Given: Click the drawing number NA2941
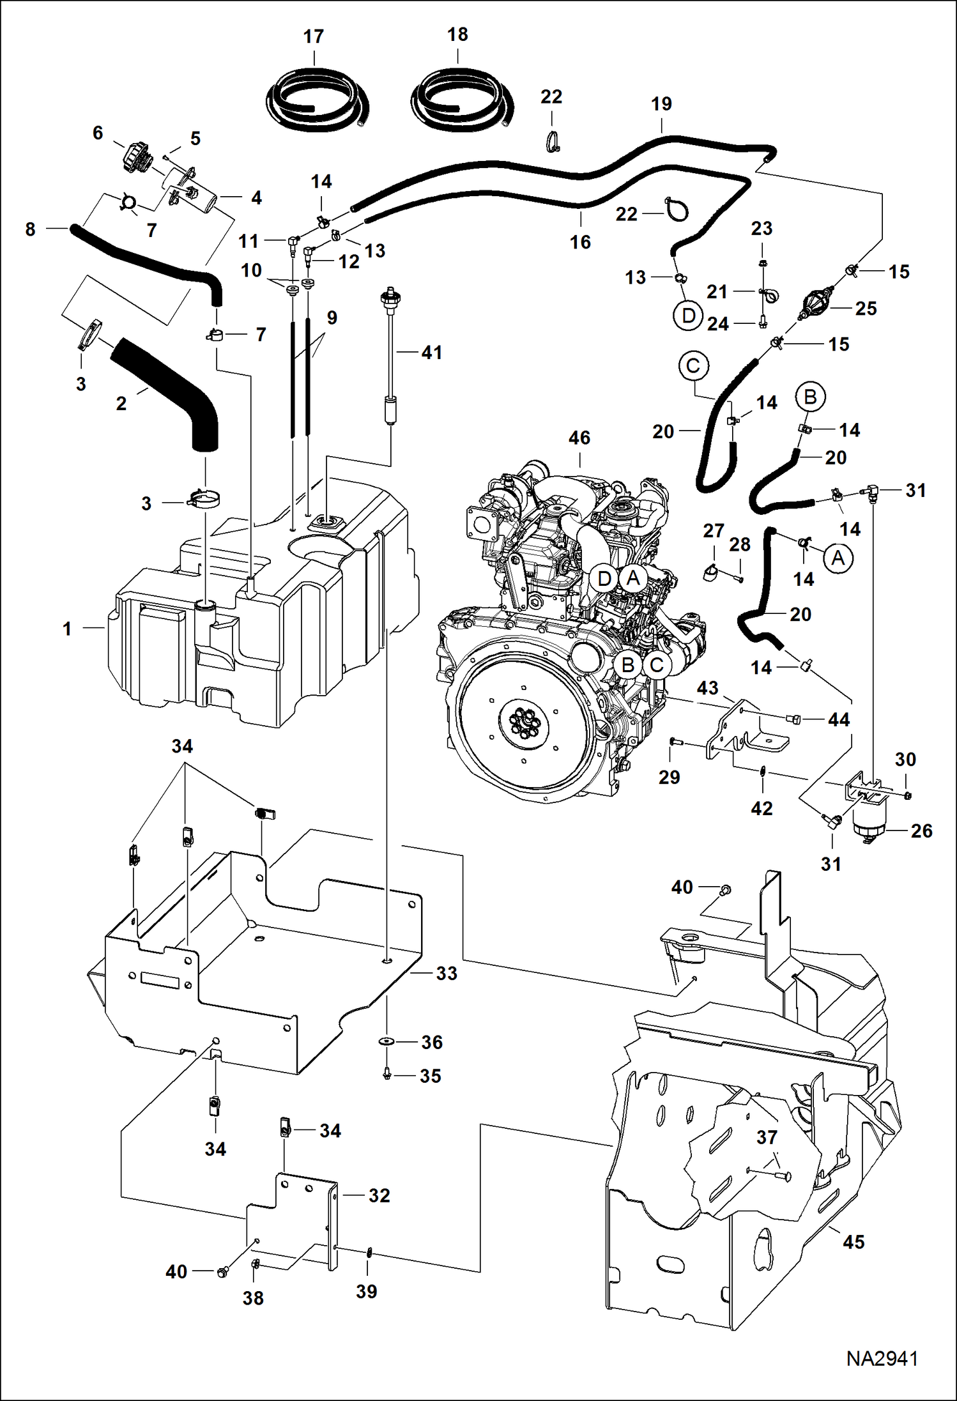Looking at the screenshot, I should (x=882, y=1375).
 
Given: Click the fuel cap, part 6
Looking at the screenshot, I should (x=135, y=157).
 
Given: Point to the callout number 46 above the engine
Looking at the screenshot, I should (x=579, y=438).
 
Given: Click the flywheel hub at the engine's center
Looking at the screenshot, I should (x=524, y=726).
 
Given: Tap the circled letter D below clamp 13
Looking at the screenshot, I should (x=688, y=316).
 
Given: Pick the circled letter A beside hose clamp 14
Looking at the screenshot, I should (x=838, y=558).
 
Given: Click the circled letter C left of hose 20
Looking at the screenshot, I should (x=693, y=366).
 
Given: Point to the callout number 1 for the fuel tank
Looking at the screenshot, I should (x=67, y=629).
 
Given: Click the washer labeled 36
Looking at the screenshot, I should (x=387, y=1042).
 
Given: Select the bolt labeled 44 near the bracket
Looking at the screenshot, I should (x=794, y=719).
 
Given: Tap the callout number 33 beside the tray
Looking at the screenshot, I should (x=447, y=973).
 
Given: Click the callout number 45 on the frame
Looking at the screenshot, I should (x=854, y=1242).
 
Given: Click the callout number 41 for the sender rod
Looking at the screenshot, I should (x=432, y=352).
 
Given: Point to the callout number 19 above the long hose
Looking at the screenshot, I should (x=661, y=104).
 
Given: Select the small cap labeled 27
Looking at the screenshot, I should (x=708, y=573).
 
